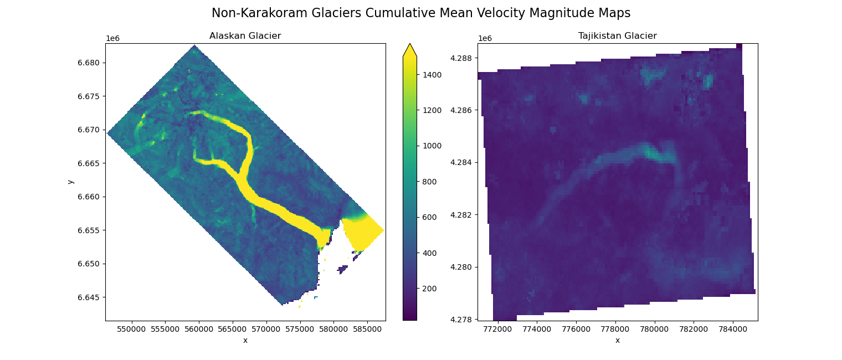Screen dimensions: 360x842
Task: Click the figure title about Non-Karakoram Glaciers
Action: coord(421,13)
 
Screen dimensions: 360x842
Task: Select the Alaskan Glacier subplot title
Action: coord(245,36)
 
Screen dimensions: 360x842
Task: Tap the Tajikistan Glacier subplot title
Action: coord(617,36)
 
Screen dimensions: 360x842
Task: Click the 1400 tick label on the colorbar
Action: coord(431,75)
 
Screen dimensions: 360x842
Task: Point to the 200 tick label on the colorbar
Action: coord(429,289)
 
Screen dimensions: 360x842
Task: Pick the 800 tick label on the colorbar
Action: coord(429,182)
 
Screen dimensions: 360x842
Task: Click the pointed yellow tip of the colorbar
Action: coord(409,49)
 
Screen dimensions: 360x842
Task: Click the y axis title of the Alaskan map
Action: coord(70,182)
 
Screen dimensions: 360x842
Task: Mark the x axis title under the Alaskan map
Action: coord(245,340)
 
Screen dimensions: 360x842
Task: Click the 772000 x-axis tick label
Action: coord(498,329)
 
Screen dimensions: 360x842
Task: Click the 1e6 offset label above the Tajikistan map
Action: coord(485,38)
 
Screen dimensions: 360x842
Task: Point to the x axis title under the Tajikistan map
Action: coord(617,340)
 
